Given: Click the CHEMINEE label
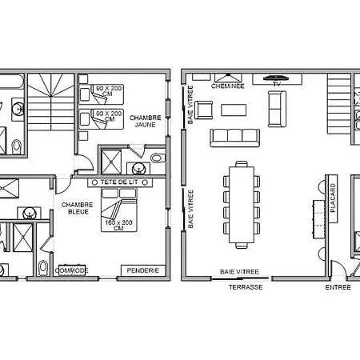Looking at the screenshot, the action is point(227,86).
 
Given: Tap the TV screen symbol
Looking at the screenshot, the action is point(276,78).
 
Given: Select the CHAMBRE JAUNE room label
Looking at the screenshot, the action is point(146,121).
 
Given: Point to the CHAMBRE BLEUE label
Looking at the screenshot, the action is point(78,208).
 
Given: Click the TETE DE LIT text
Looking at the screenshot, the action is point(119,182).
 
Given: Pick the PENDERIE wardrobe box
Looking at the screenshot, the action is point(143,270).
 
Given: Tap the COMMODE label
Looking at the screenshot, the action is point(72,270).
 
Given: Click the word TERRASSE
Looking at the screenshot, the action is point(246,287).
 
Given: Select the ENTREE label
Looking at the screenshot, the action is point(338,287).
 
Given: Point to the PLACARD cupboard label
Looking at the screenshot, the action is point(333,198).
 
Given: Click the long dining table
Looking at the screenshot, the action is point(242,205).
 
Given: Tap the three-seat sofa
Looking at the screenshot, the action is point(234,138).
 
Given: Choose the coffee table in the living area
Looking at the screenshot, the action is point(234,110).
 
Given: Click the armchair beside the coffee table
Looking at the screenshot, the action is point(204,110).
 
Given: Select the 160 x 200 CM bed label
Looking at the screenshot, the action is point(118,226).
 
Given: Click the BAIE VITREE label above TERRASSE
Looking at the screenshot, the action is point(239,272).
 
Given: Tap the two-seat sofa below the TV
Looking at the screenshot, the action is point(277,109).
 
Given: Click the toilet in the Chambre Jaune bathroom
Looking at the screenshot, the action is point(158,158).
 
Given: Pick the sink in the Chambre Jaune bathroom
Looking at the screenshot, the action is point(138,169).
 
